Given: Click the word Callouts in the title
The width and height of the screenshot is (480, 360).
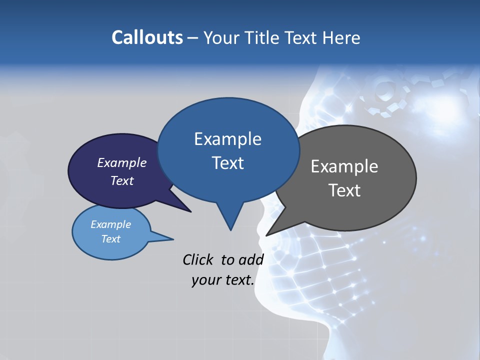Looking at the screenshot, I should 147,37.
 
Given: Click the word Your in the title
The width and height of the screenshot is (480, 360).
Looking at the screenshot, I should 222,37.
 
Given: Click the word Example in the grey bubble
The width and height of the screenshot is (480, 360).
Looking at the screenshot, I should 344,166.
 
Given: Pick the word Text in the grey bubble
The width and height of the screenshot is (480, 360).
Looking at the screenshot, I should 344,190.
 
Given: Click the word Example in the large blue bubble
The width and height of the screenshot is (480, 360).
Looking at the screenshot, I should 227,139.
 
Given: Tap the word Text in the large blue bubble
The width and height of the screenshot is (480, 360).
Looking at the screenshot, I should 227,163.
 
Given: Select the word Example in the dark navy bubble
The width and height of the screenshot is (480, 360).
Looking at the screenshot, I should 122,162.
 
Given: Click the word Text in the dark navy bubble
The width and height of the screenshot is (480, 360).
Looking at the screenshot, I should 122,180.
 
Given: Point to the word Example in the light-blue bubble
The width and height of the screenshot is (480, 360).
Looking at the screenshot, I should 111,224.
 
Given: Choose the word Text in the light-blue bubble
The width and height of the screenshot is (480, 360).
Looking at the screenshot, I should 111,239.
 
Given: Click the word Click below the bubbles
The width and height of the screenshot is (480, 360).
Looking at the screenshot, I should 197,259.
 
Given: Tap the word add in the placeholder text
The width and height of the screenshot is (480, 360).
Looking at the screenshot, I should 251,259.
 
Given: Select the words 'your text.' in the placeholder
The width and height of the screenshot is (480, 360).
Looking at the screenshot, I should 223,280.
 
